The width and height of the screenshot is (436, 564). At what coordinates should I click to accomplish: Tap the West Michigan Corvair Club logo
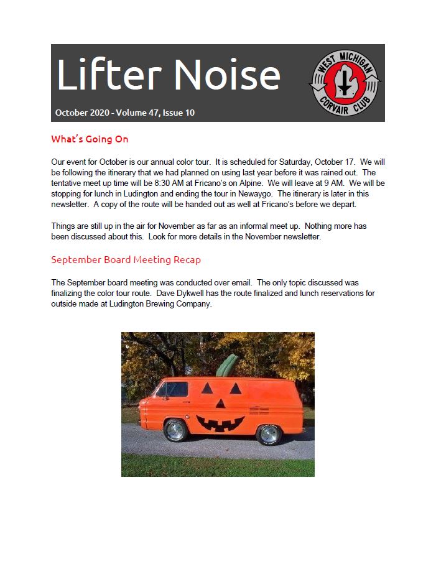345,83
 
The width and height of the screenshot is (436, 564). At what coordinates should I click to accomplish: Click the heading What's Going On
90,139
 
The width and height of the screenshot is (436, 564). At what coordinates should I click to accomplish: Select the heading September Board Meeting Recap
126,259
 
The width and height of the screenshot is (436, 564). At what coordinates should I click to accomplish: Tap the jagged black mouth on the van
220,423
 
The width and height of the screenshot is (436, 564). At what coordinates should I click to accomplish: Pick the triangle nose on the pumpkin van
221,404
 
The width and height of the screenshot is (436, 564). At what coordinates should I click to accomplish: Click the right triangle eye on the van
236,388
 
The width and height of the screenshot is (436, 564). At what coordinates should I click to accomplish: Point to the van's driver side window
174,391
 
